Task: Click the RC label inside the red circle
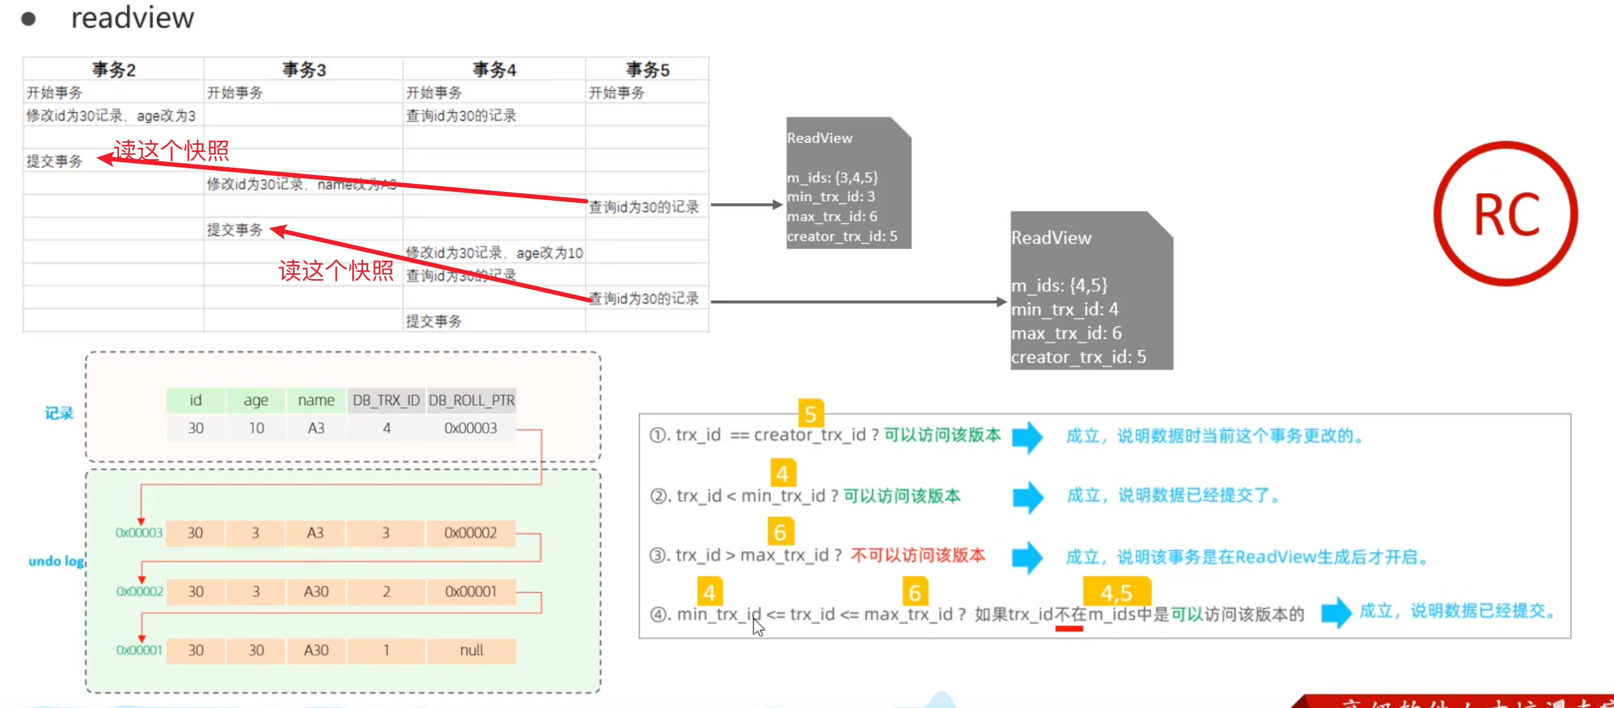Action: click(x=1506, y=215)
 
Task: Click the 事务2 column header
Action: click(x=114, y=69)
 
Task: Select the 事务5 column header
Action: click(x=647, y=69)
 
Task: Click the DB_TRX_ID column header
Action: click(x=386, y=401)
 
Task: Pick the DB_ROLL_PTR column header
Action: click(x=471, y=401)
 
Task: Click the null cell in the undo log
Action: click(x=471, y=650)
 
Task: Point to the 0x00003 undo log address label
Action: click(x=138, y=532)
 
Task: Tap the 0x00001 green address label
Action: click(x=138, y=650)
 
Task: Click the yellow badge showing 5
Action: click(x=810, y=413)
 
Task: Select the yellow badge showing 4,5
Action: click(x=1116, y=591)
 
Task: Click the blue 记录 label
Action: click(x=59, y=413)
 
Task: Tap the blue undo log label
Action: click(x=57, y=561)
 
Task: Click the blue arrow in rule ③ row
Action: click(x=1027, y=556)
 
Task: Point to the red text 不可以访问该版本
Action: click(x=917, y=555)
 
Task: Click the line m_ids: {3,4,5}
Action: click(x=832, y=178)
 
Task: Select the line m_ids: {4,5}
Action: click(x=1059, y=286)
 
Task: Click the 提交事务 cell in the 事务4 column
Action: click(x=434, y=321)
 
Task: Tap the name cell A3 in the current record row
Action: click(x=316, y=428)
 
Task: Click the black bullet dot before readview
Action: click(x=28, y=19)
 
